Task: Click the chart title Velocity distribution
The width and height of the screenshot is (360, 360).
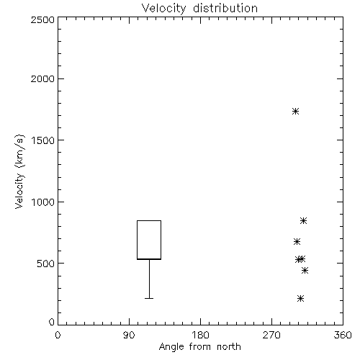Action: [x=199, y=9]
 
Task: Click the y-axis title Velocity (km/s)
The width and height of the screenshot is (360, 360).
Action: [x=19, y=171]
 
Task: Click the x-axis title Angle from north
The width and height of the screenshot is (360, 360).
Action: [x=199, y=347]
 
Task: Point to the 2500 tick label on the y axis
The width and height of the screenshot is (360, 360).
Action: [x=42, y=19]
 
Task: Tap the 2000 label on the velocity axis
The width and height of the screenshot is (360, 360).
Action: [x=42, y=78]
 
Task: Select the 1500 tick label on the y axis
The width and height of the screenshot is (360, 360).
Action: [x=43, y=140]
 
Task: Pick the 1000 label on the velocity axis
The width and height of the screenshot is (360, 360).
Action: [x=43, y=202]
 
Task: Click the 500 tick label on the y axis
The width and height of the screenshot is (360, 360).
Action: [x=46, y=264]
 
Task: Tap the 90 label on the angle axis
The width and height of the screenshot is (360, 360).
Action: [x=129, y=335]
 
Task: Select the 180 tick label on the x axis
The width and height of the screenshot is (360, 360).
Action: [x=200, y=335]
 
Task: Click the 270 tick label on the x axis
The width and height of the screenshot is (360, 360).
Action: [x=271, y=335]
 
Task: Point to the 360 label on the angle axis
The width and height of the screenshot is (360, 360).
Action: [x=343, y=335]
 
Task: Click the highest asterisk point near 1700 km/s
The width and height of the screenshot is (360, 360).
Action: [x=295, y=112]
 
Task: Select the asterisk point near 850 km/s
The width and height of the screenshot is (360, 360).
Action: [x=303, y=221]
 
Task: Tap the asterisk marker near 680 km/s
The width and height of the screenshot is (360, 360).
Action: [x=297, y=241]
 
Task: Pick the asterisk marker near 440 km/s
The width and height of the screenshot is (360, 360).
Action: [x=305, y=271]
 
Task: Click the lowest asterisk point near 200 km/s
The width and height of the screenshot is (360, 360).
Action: [x=300, y=299]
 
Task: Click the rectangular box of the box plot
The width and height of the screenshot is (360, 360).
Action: [x=137, y=240]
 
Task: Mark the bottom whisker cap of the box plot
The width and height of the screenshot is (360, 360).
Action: [x=149, y=298]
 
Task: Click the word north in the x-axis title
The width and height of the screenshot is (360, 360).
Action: [x=229, y=347]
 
